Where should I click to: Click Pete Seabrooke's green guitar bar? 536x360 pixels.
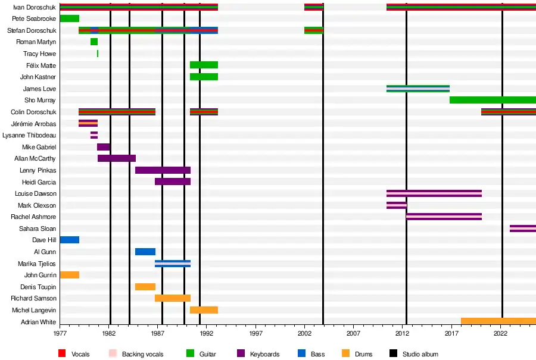(x=69, y=18)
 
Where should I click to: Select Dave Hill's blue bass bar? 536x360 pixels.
(x=69, y=240)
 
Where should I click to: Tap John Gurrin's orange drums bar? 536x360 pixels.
(x=69, y=275)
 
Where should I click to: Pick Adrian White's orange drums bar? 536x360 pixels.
(x=498, y=321)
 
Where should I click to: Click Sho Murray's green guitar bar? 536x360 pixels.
(x=493, y=100)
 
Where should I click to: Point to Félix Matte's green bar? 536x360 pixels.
(x=204, y=65)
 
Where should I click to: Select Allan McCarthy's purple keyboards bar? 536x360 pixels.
(x=117, y=158)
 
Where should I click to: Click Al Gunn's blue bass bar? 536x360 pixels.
(x=145, y=252)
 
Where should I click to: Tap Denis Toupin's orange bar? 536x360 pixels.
(x=145, y=287)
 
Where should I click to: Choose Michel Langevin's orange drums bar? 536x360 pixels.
(x=204, y=310)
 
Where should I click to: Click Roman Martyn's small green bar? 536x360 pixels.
(x=94, y=42)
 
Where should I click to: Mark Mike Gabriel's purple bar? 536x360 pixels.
(x=104, y=147)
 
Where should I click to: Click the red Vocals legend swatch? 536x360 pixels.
(x=62, y=354)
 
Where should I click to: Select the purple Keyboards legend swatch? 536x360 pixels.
(x=241, y=354)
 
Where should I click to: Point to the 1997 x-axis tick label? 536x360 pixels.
(x=255, y=334)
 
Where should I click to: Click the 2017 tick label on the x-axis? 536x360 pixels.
(x=451, y=334)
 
